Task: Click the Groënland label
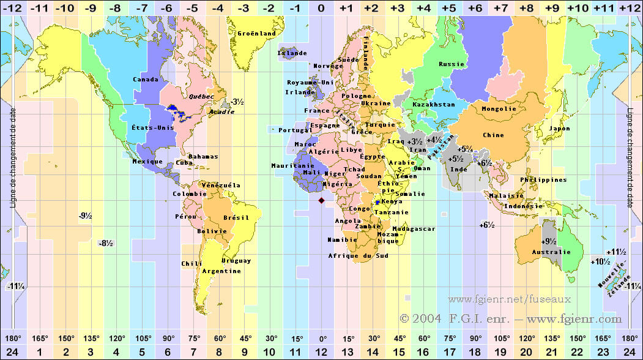tap(256, 33)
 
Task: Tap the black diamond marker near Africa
tap(322, 200)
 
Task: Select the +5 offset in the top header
tap(448, 7)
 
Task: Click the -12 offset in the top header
tap(13, 7)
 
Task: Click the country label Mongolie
tap(499, 108)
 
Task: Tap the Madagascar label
tap(414, 228)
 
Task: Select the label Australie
tap(551, 252)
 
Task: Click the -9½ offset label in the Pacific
tap(85, 216)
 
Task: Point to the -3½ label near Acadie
tap(237, 102)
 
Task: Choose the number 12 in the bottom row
tap(322, 351)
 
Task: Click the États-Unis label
tap(153, 128)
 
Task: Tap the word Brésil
tap(237, 217)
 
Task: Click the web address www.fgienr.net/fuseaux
tap(509, 299)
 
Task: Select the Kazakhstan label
tap(434, 105)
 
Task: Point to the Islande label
tap(292, 53)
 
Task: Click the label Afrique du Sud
tap(358, 255)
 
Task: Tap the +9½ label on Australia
tap(549, 241)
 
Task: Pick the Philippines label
tap(543, 180)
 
